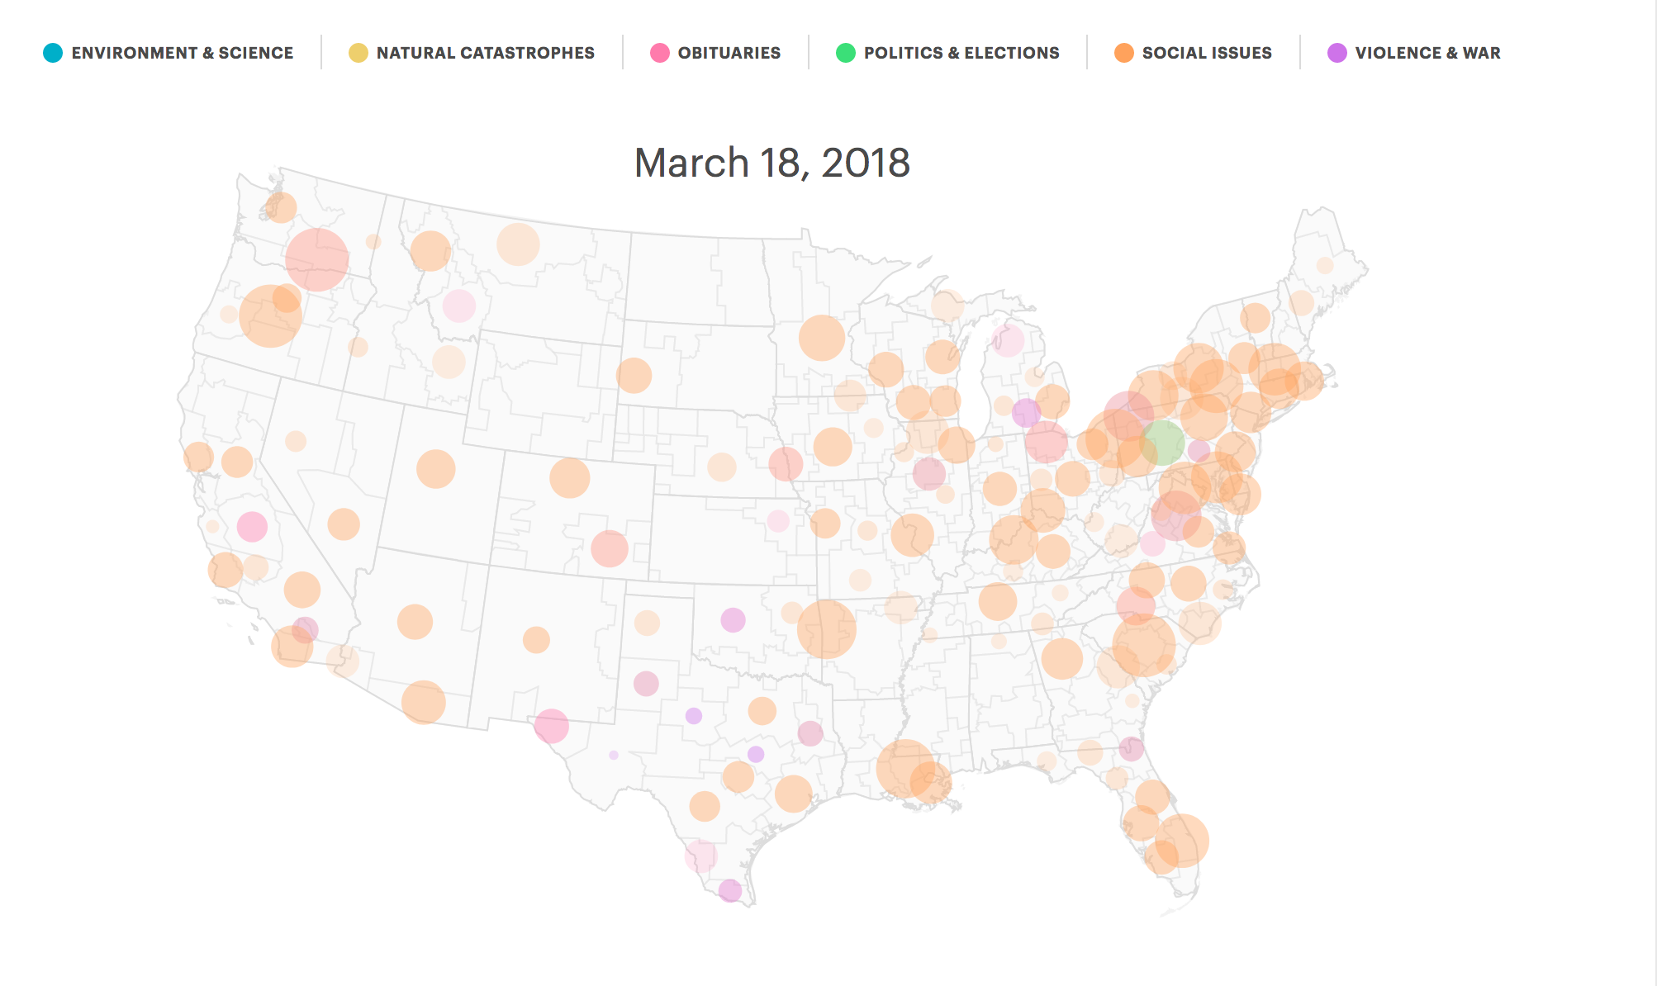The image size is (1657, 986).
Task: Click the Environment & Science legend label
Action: pyautogui.click(x=182, y=53)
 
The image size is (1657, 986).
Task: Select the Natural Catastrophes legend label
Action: pyautogui.click(x=485, y=53)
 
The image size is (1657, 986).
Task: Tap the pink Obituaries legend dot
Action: pyautogui.click(x=659, y=53)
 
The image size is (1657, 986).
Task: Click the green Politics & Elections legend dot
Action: pyautogui.click(x=845, y=53)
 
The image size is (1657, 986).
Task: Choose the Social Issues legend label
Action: pyautogui.click(x=1206, y=53)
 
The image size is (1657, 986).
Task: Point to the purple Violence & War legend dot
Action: pyautogui.click(x=1337, y=53)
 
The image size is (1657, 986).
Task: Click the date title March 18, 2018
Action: pyautogui.click(x=772, y=163)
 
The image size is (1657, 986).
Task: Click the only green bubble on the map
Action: pyautogui.click(x=1161, y=443)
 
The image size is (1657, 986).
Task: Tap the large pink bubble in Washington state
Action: pyautogui.click(x=316, y=259)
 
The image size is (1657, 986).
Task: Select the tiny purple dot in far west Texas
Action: pyautogui.click(x=613, y=755)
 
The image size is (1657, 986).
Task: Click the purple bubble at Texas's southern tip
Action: pyautogui.click(x=729, y=890)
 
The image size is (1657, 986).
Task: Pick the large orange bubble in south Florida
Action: pyautogui.click(x=1182, y=840)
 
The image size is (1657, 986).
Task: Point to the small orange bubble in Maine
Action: pyautogui.click(x=1325, y=265)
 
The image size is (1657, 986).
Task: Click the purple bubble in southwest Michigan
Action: pyautogui.click(x=1026, y=412)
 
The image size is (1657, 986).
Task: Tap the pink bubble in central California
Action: pyautogui.click(x=252, y=526)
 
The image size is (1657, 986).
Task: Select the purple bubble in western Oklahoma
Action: pyautogui.click(x=733, y=619)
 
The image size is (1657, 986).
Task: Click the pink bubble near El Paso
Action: pyautogui.click(x=551, y=726)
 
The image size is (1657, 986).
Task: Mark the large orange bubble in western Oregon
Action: pyautogui.click(x=269, y=315)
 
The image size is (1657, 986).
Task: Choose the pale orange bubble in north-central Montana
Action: pyautogui.click(x=518, y=244)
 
